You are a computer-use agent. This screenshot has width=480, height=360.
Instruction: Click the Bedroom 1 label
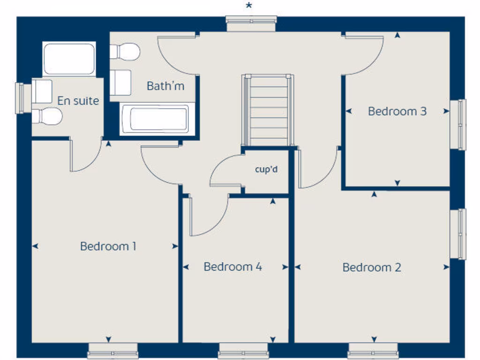(108, 246)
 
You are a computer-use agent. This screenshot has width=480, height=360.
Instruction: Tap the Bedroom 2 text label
(372, 268)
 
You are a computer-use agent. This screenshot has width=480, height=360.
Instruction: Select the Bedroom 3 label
(397, 112)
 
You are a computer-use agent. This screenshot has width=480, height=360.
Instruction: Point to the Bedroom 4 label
(232, 267)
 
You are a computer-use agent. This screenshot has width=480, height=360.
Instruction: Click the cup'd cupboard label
(266, 169)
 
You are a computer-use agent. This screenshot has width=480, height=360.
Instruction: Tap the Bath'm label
(165, 86)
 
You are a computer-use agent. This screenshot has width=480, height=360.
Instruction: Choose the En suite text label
(78, 100)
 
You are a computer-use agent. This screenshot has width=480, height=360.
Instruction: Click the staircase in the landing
(268, 111)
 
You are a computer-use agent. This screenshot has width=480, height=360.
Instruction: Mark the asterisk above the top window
(249, 6)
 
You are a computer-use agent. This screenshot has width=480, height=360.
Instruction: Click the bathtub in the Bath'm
(155, 119)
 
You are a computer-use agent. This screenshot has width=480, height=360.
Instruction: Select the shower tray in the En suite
(69, 59)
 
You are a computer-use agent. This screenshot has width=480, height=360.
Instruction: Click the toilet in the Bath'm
(125, 52)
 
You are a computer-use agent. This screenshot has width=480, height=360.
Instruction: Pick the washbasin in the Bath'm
(121, 82)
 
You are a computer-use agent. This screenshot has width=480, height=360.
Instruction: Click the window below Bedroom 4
(243, 351)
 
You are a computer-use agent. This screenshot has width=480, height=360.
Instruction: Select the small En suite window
(20, 98)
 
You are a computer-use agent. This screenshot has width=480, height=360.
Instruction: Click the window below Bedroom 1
(112, 351)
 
